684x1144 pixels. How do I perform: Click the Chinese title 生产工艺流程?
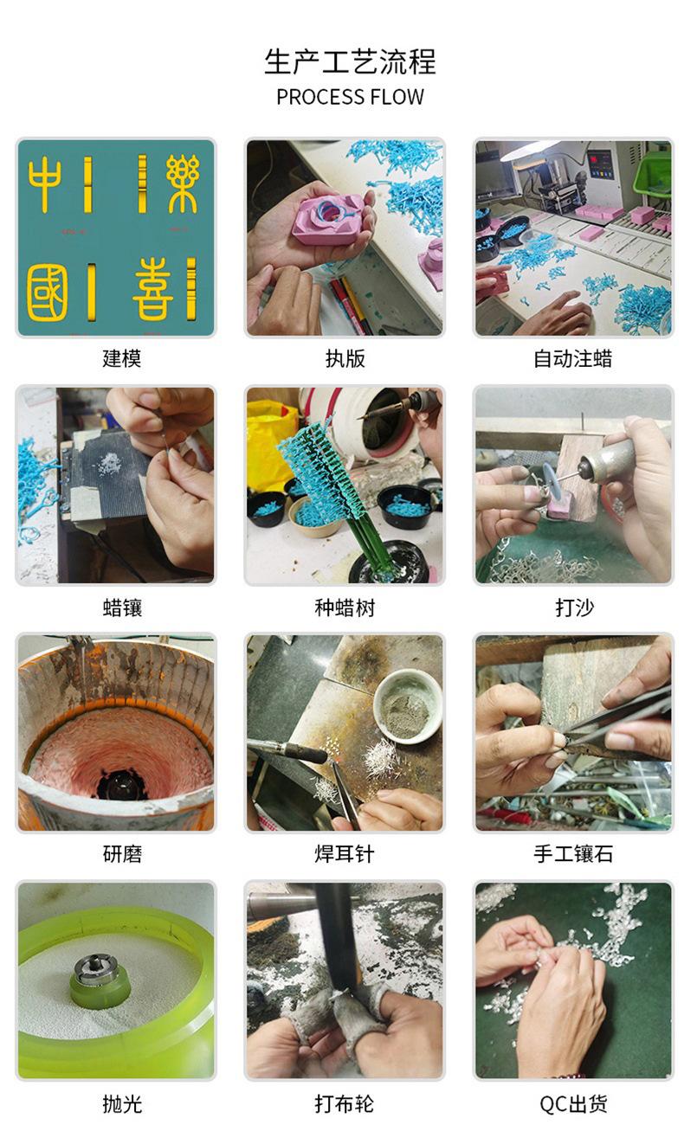tap(350, 61)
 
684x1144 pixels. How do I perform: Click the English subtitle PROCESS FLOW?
tap(350, 97)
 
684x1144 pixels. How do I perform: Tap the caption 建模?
tap(121, 358)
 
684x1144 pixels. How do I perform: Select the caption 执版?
tap(345, 358)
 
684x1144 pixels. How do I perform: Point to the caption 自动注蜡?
tap(572, 358)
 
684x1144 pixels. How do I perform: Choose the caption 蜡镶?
tap(122, 607)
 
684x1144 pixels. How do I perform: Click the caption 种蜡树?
tap(345, 607)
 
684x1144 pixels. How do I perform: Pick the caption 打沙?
tap(575, 607)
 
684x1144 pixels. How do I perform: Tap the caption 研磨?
tap(122, 853)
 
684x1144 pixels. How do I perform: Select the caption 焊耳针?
tap(345, 853)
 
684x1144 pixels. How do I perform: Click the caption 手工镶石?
tap(573, 853)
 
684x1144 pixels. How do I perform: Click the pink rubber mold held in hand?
tap(329, 220)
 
